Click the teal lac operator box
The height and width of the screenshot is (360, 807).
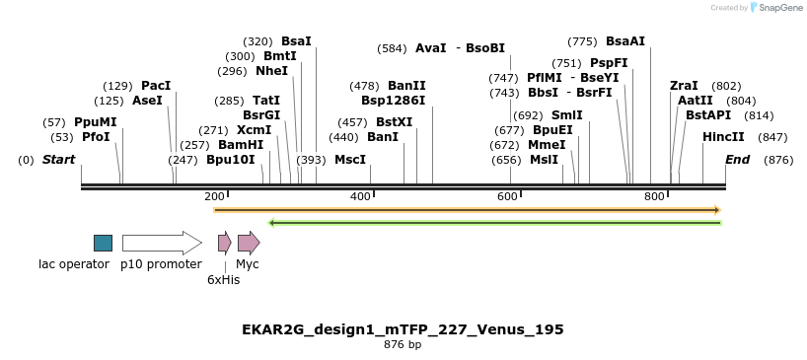(x=103, y=243)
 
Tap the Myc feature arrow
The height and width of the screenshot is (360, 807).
(x=248, y=243)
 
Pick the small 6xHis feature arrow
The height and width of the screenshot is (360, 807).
(x=224, y=243)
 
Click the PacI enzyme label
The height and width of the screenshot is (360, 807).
(x=156, y=86)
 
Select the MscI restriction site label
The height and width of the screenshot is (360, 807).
(x=350, y=159)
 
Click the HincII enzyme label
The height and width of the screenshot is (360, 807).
(x=723, y=137)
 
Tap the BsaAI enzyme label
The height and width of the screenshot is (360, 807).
(x=625, y=41)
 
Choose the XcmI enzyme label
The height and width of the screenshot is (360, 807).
(x=254, y=129)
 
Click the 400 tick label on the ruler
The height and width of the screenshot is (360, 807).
(x=360, y=196)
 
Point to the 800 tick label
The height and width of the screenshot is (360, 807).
(x=654, y=196)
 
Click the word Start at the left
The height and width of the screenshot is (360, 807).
(x=58, y=159)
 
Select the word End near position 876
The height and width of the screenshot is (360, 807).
(x=737, y=159)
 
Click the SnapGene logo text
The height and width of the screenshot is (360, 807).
(x=782, y=8)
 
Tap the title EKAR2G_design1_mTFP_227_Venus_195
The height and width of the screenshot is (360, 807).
(x=403, y=328)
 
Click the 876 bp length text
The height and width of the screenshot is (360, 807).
(x=403, y=344)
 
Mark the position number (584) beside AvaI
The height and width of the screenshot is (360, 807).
(x=392, y=48)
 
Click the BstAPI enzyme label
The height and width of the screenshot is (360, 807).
(x=708, y=114)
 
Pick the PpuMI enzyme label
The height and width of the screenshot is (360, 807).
(x=95, y=122)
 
